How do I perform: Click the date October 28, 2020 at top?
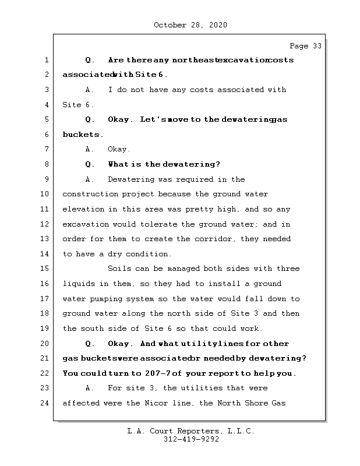pyautogui.click(x=190, y=25)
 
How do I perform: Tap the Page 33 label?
pyautogui.click(x=305, y=46)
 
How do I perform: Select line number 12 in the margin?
pyautogui.click(x=46, y=224)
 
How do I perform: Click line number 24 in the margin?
pyautogui.click(x=46, y=403)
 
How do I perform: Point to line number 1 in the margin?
pyautogui.click(x=46, y=60)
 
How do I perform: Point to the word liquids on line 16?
pyautogui.click(x=79, y=284)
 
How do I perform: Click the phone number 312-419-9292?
pyautogui.click(x=191, y=440)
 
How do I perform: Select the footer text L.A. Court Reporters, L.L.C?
pyautogui.click(x=191, y=431)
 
